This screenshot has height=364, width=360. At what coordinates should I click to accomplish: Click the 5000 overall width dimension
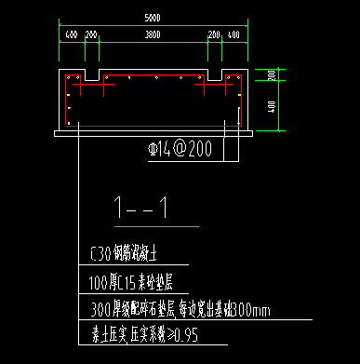151,16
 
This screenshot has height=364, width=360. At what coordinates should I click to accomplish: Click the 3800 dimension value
151,34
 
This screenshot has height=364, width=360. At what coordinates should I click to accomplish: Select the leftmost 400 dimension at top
71,34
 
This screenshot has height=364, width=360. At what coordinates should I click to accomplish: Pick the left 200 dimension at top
91,34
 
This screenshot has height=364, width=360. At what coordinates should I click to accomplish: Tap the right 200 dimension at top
214,34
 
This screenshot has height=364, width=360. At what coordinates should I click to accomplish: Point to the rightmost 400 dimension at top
233,34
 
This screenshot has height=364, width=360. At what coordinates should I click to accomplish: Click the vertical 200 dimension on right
271,74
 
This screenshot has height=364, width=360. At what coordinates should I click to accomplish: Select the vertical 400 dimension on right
271,105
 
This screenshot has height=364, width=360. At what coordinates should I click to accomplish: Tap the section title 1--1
140,209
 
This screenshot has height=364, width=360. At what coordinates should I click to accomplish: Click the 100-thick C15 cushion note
129,278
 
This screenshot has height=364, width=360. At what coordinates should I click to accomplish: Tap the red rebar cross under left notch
91,88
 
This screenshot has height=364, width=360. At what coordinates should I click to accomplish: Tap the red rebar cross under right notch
213,88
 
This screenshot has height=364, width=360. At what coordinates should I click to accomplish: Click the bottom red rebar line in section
151,123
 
